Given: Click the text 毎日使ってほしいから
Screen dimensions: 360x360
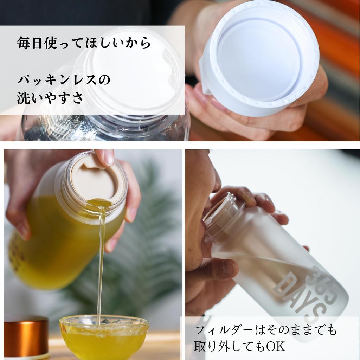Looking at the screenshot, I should [84, 43].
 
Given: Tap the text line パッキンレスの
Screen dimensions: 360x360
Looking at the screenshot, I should [64, 80].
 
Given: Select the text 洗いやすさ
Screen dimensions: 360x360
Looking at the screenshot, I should [50, 98].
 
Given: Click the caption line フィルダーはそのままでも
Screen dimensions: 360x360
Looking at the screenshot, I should [266, 330].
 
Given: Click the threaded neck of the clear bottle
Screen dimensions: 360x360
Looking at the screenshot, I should [105, 127].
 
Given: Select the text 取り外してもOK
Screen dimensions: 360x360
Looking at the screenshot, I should [239, 347].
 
